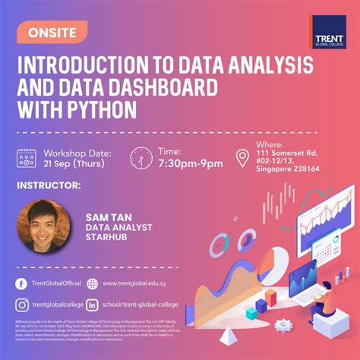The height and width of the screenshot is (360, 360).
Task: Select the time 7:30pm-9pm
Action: [191, 164]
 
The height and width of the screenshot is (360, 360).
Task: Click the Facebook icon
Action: [22, 284]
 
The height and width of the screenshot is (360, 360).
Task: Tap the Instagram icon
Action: [22, 305]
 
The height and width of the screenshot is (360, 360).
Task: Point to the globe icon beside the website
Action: [92, 284]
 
